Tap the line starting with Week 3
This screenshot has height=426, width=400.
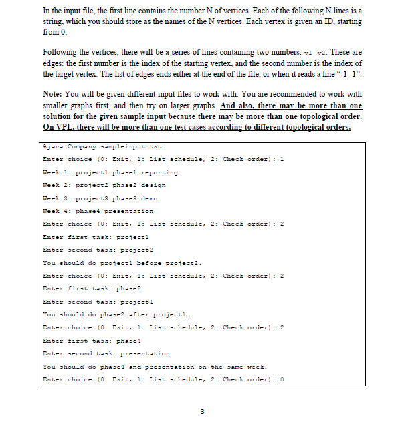tap(100, 198)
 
